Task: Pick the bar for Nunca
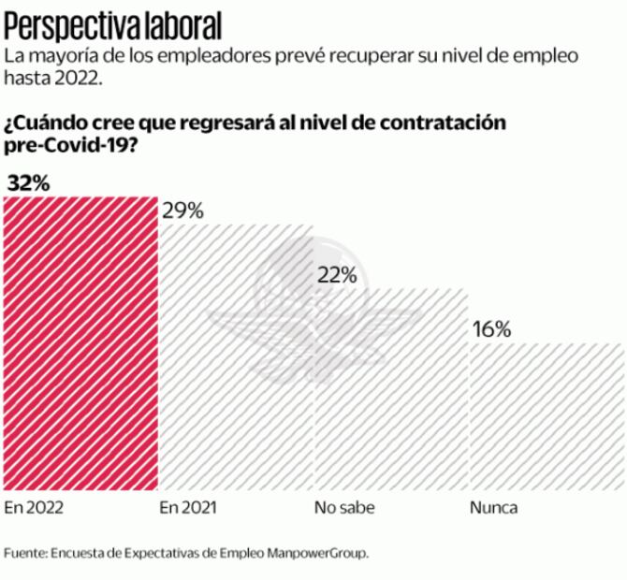tap(547, 415)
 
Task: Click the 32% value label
tap(28, 183)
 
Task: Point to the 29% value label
tap(182, 210)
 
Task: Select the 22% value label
tap(338, 275)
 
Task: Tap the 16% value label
tap(491, 329)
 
